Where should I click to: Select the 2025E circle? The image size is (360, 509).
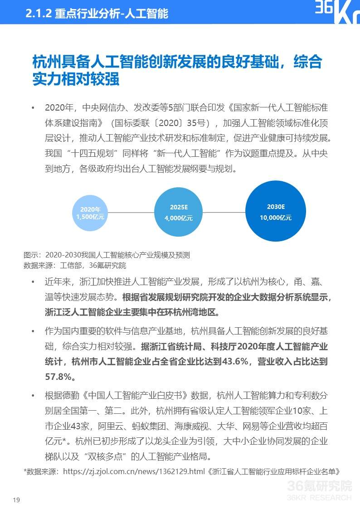tap(179, 213)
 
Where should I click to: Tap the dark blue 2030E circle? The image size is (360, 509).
tap(276, 212)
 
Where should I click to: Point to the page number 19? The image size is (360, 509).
tap(17, 500)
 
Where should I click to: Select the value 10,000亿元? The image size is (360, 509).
tap(276, 218)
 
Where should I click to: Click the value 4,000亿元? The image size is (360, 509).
tap(179, 218)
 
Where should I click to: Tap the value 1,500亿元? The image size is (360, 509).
tap(91, 217)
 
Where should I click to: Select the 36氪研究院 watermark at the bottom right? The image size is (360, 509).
tap(319, 487)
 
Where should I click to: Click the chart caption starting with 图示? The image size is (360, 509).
tap(107, 255)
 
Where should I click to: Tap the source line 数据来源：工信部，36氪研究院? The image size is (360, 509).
tap(75, 266)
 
